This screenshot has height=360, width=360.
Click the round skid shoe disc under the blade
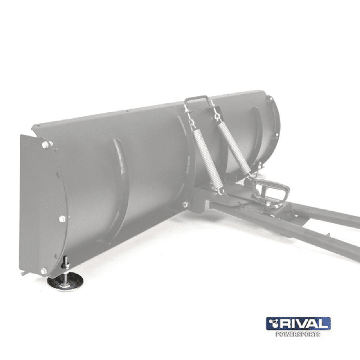click(x=65, y=281)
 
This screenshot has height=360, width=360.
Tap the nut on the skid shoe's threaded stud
click(x=65, y=266)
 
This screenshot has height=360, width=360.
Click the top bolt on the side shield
click(x=45, y=145)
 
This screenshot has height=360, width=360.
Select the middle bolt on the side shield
click(x=62, y=219)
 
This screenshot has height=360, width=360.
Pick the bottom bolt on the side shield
click(x=44, y=271)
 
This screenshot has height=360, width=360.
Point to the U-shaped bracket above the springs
click(x=198, y=103)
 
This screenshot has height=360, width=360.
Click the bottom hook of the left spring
click(x=221, y=190)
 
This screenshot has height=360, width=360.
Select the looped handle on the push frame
click(x=271, y=190)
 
